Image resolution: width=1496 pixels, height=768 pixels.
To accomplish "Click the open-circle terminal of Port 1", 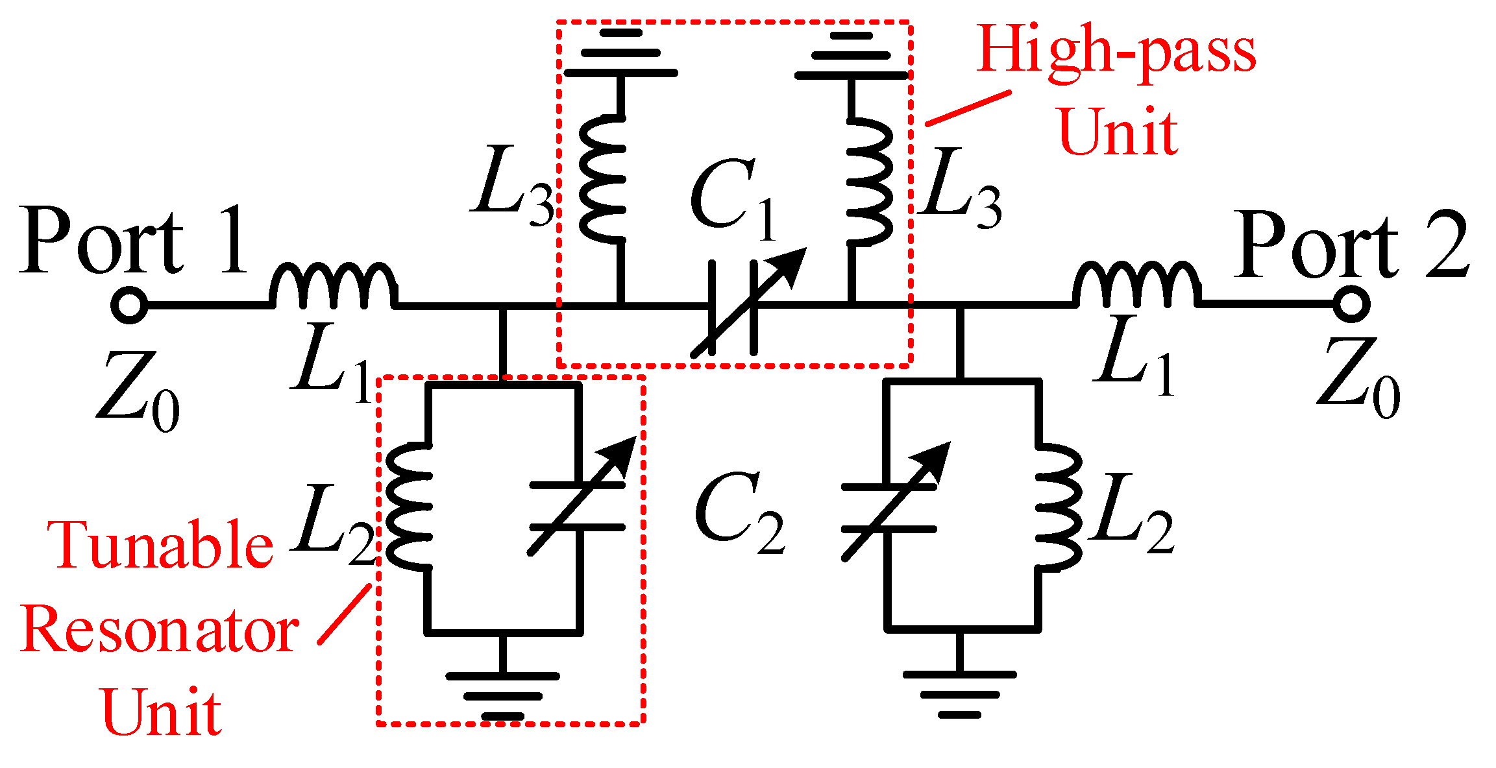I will coord(129,304).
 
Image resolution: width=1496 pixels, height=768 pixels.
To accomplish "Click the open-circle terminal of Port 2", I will coord(1351,304).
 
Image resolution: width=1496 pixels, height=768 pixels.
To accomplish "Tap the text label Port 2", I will coord(1350,245).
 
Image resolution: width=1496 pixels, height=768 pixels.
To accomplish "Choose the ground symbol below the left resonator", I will coord(502,695).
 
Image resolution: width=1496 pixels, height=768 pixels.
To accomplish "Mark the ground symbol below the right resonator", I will coord(959,694).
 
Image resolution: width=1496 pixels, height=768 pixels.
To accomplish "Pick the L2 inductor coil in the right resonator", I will coord(1058,506).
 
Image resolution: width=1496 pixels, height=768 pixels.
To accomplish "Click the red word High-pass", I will coord(1116,52).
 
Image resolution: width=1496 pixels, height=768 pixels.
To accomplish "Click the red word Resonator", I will coord(160,630).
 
